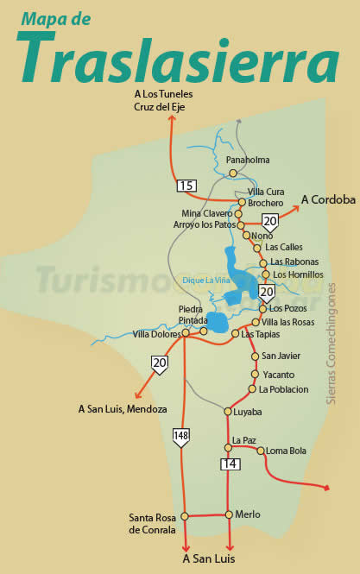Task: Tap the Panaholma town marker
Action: [x=233, y=173]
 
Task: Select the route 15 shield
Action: [x=186, y=186]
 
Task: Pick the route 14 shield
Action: [x=230, y=464]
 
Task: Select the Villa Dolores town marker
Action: [x=185, y=331]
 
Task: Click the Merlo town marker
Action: [x=229, y=514]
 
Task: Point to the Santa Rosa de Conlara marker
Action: [x=185, y=516]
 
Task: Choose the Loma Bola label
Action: [x=287, y=451]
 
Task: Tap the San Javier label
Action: [x=280, y=356]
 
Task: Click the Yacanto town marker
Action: [x=255, y=375]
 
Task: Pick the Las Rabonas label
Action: [x=294, y=262]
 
